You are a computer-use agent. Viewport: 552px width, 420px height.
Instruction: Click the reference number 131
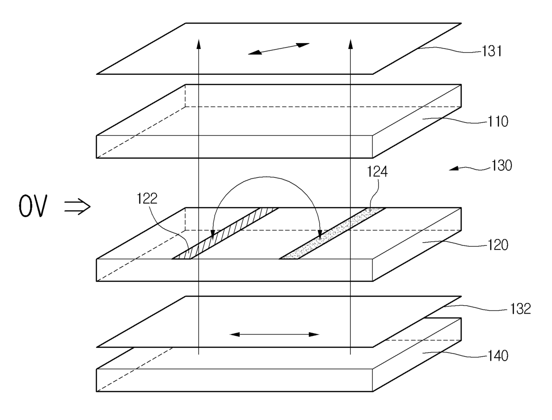(x=492, y=52)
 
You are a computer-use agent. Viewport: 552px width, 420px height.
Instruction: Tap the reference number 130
(x=502, y=166)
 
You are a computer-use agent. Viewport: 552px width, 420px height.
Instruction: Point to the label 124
(x=377, y=172)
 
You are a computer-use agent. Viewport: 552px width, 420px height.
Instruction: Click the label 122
(x=147, y=199)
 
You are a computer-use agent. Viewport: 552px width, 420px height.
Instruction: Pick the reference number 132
(x=521, y=309)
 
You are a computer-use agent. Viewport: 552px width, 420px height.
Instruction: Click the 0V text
(x=32, y=207)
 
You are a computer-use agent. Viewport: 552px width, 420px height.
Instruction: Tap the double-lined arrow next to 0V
(x=77, y=207)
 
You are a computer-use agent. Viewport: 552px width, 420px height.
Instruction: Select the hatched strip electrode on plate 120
(x=225, y=233)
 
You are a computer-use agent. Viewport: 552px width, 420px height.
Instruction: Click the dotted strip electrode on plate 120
(x=332, y=233)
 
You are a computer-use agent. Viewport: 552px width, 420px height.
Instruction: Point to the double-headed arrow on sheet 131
(x=279, y=49)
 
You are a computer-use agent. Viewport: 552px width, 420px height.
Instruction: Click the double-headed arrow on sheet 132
(x=275, y=334)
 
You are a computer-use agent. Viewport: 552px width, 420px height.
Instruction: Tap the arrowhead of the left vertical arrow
(x=199, y=43)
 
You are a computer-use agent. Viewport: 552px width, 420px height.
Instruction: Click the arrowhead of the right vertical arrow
(x=350, y=43)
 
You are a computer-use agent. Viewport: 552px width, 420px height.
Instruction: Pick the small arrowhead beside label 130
(x=453, y=168)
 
